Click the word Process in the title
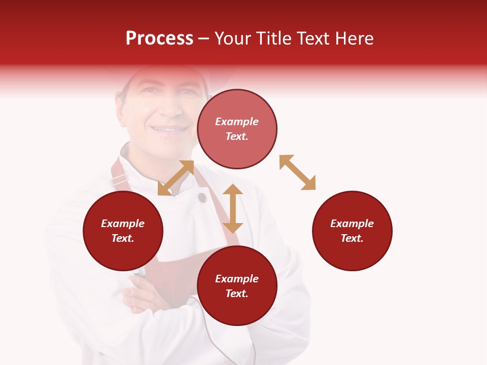159,39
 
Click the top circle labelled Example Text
237,129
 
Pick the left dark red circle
123,231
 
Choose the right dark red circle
352,231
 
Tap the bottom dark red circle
237,286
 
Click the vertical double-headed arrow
233,208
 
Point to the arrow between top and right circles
297,172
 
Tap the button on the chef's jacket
202,197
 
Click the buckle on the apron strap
120,178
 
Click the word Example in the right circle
352,224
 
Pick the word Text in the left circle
123,238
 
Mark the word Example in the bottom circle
237,279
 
